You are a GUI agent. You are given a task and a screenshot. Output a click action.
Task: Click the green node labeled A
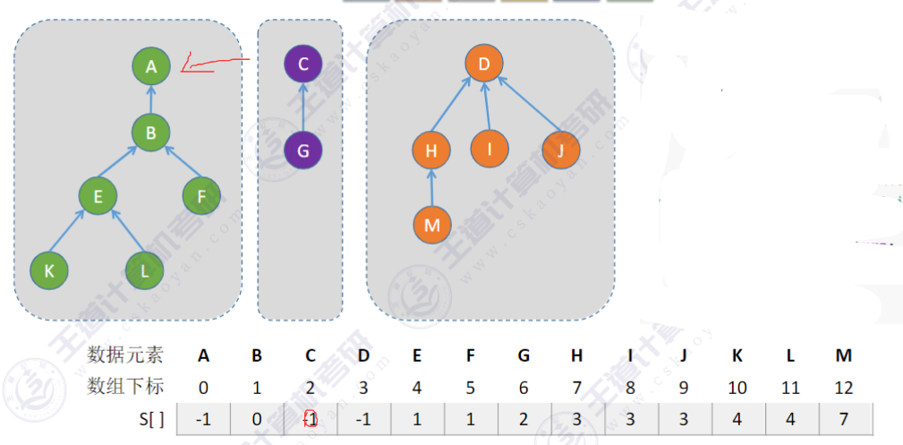tap(151, 65)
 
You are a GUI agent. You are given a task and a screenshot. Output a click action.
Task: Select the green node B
tap(151, 133)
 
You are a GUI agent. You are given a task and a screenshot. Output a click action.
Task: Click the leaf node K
tap(48, 270)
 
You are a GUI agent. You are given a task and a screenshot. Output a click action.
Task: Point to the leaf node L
tap(144, 270)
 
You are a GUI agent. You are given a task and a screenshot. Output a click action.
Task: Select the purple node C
tap(303, 64)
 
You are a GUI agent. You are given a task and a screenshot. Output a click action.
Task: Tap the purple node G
tap(303, 150)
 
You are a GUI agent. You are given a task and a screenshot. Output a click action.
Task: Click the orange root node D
tap(484, 64)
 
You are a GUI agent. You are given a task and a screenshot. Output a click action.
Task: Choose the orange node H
tap(431, 150)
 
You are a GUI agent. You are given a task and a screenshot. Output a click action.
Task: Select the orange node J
tap(560, 150)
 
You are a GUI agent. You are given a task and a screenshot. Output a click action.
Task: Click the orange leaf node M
tap(431, 225)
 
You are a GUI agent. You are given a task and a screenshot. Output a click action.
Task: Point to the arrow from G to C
tap(303, 107)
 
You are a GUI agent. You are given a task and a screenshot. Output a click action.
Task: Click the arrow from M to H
tap(431, 187)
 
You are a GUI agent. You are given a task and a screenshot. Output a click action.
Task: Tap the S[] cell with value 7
tap(844, 419)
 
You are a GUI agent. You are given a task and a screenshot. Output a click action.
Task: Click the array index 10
tap(737, 388)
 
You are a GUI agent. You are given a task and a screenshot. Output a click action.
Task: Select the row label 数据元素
tap(125, 355)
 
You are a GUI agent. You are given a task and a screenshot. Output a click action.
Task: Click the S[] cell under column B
tap(257, 419)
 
